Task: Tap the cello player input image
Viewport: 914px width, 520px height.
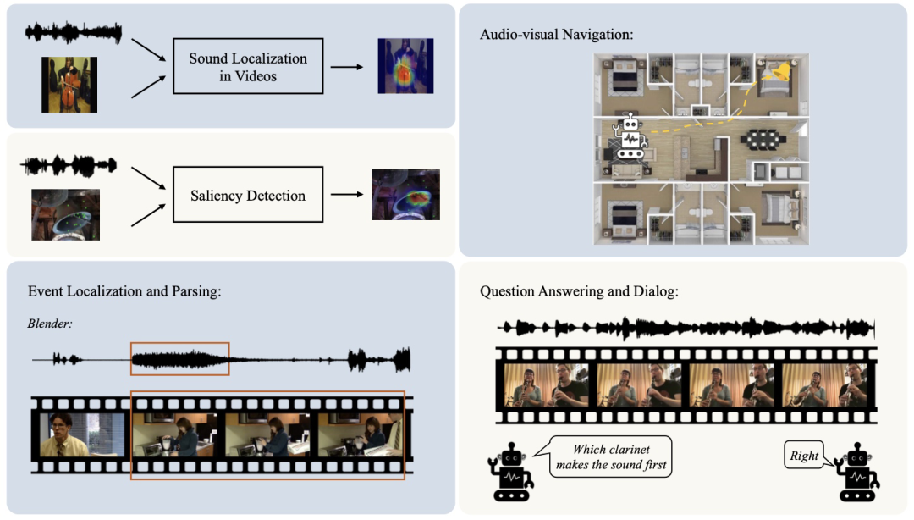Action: tap(69, 85)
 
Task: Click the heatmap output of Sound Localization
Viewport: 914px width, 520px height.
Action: tap(405, 66)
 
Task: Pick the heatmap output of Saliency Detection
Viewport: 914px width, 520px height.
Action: tap(405, 194)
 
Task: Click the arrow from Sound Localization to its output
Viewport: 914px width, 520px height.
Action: tap(347, 67)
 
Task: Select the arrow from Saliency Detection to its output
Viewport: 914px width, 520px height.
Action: tap(347, 194)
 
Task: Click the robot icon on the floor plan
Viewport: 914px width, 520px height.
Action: tap(630, 138)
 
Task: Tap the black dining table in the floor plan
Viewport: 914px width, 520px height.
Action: tap(763, 139)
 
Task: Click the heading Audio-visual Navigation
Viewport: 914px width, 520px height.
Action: tap(557, 35)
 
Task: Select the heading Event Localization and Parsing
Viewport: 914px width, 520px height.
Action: tap(124, 291)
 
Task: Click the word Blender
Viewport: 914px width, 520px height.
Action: tap(50, 324)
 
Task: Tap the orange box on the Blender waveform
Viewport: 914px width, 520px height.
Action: tap(180, 343)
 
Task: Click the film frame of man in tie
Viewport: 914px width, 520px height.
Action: tap(82, 434)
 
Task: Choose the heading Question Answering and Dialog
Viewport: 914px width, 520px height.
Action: tap(580, 291)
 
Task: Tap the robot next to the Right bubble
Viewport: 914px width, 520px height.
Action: tap(856, 472)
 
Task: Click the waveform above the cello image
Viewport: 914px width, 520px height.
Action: tap(74, 33)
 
